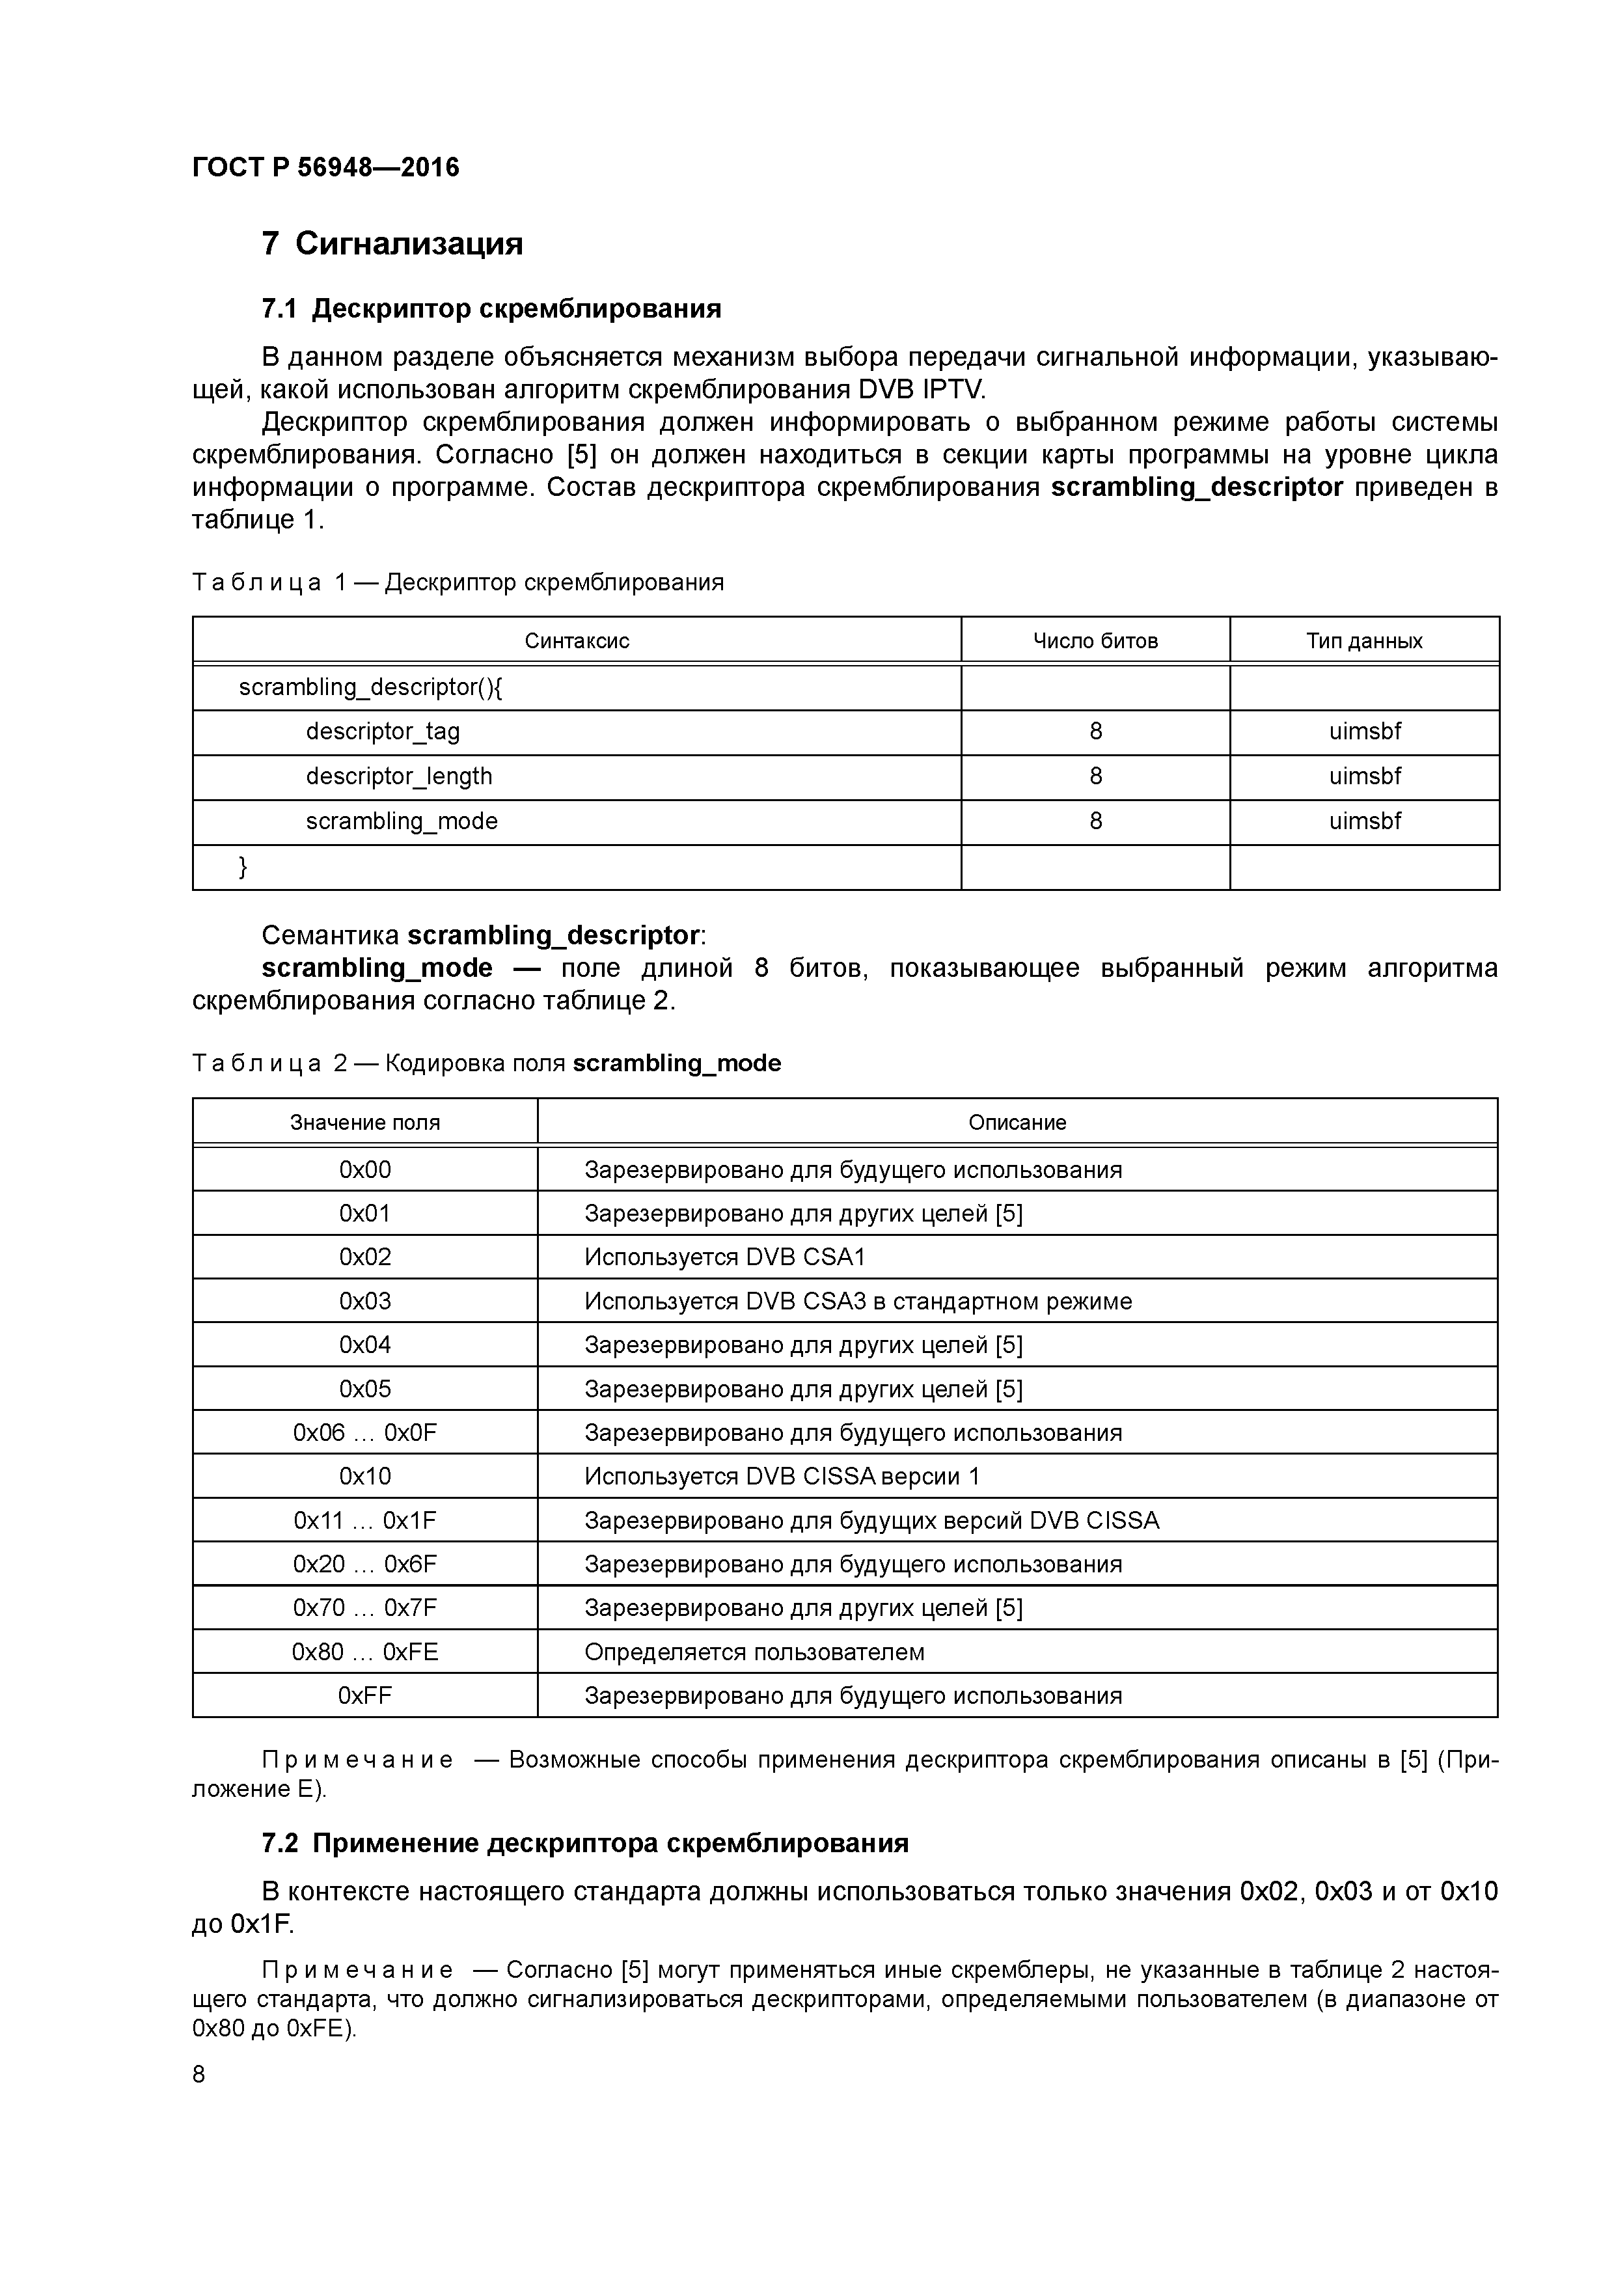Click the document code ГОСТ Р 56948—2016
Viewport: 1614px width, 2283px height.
click(x=325, y=167)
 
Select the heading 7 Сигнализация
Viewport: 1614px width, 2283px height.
click(x=392, y=243)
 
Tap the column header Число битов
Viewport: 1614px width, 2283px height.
click(x=1095, y=641)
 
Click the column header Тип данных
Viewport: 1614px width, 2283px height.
click(x=1363, y=641)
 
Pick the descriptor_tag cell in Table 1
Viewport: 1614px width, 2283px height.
click(x=383, y=732)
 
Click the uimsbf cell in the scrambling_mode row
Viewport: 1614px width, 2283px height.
click(x=1364, y=821)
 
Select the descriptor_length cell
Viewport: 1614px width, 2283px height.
click(x=399, y=776)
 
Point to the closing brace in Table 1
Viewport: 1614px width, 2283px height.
click(x=243, y=867)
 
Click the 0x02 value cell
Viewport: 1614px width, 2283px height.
click(x=365, y=1257)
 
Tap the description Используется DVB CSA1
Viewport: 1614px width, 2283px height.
click(x=725, y=1257)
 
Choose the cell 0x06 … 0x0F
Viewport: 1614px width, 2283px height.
click(x=365, y=1433)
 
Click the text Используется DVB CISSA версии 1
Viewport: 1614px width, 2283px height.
click(x=782, y=1477)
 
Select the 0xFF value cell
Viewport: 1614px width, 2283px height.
click(x=365, y=1695)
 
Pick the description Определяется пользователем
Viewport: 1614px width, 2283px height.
click(x=754, y=1652)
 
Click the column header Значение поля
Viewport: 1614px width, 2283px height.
click(x=365, y=1123)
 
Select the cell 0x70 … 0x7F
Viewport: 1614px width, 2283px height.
click(x=365, y=1608)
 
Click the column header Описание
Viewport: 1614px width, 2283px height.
click(x=1017, y=1123)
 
